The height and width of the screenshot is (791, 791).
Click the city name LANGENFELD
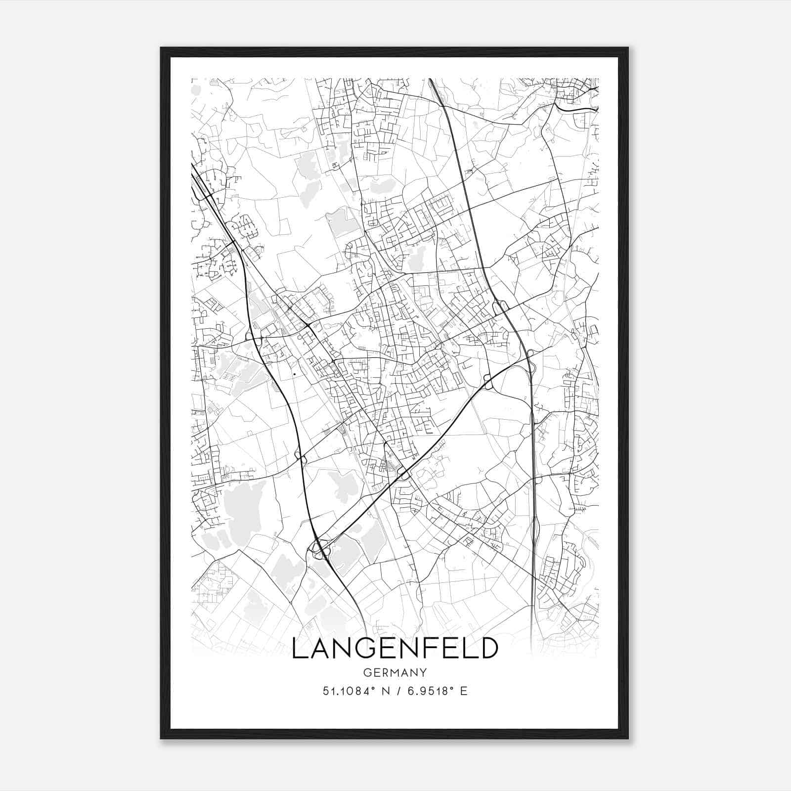pos(395,648)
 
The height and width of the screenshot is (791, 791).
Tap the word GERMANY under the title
pos(395,672)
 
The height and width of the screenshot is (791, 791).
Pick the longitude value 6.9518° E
pos(437,691)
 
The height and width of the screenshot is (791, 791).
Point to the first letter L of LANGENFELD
pos(299,648)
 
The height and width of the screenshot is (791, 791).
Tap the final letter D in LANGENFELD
pos(487,648)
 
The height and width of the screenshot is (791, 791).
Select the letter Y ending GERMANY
pos(423,672)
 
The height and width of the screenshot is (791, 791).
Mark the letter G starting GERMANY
pos(366,672)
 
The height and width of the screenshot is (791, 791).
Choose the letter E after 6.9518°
pos(464,691)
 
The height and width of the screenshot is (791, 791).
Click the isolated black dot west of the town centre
pos(295,374)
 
